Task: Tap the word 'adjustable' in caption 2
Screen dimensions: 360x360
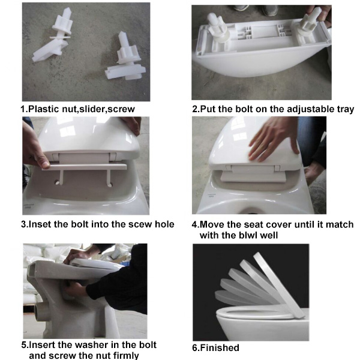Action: [311, 109]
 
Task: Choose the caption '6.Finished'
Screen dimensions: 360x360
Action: [215, 347]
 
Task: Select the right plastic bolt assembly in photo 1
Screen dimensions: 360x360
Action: [125, 58]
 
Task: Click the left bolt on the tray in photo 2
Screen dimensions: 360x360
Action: [217, 29]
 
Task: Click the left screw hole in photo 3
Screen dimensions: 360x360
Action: [57, 183]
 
